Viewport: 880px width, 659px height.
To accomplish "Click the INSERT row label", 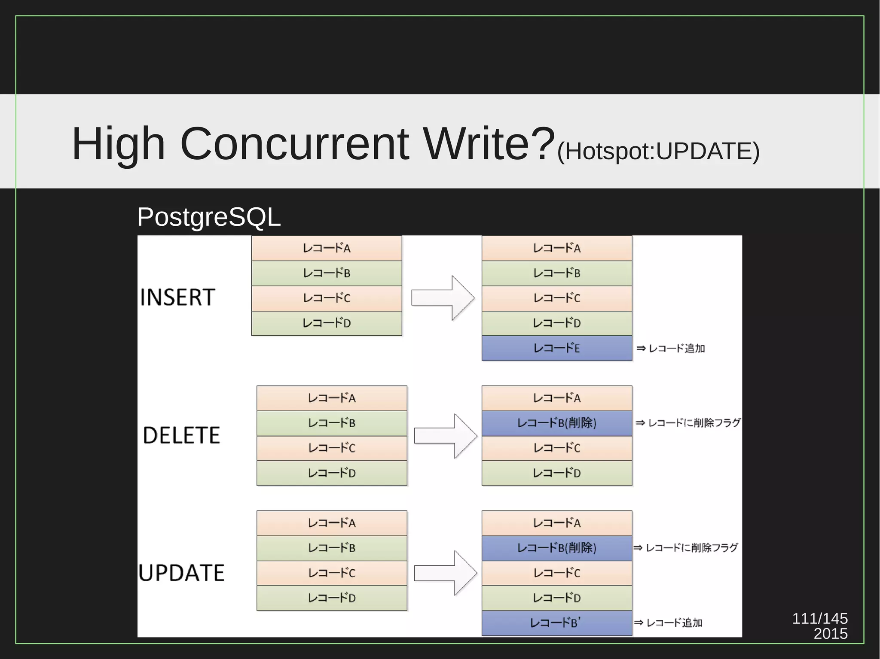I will click(177, 297).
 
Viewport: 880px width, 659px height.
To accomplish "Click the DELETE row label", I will click(181, 435).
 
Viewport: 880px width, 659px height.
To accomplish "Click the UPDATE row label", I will click(181, 573).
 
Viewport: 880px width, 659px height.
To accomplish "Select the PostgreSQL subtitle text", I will click(209, 217).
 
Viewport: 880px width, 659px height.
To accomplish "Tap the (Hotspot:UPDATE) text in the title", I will click(658, 151).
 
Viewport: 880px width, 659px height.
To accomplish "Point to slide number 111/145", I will click(819, 618).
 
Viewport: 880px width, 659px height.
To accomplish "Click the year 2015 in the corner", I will click(830, 634).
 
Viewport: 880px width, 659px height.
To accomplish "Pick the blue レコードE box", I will click(556, 348).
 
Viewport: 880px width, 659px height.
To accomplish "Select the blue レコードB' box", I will click(556, 623).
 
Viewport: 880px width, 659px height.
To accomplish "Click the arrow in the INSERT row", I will click(443, 298).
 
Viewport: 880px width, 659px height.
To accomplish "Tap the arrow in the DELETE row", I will click(446, 436).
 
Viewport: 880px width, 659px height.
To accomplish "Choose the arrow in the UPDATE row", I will click(446, 573).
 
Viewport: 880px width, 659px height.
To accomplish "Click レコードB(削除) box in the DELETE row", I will click(556, 423).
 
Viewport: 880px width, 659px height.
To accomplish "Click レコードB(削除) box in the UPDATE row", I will click(556, 548).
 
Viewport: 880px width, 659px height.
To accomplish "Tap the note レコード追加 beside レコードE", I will click(672, 349).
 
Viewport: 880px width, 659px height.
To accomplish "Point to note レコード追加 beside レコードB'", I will click(669, 623).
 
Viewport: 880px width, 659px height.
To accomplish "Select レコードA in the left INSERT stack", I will click(327, 248).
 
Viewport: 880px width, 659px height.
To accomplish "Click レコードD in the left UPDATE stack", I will click(332, 598).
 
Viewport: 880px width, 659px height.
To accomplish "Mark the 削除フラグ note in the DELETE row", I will click(688, 423).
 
